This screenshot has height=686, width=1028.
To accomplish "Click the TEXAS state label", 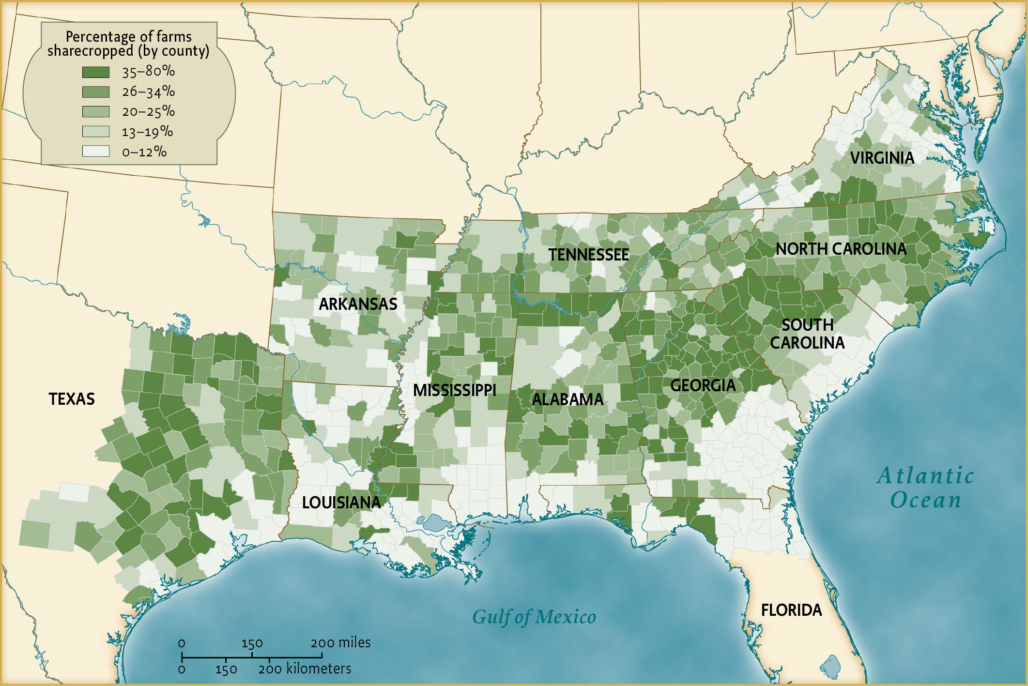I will pyautogui.click(x=72, y=399).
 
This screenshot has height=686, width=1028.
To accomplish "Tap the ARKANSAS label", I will pyautogui.click(x=358, y=304).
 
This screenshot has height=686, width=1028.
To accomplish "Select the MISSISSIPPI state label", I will pyautogui.click(x=454, y=390).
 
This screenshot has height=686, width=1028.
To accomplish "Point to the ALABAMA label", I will pyautogui.click(x=568, y=399).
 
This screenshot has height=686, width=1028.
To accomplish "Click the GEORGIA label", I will pyautogui.click(x=703, y=385).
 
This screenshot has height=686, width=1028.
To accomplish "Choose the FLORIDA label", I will pyautogui.click(x=791, y=610).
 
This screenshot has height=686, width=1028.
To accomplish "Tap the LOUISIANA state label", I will pyautogui.click(x=341, y=503).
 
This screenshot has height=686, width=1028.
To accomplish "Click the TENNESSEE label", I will pyautogui.click(x=588, y=255).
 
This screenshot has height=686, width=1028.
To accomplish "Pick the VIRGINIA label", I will pyautogui.click(x=882, y=158).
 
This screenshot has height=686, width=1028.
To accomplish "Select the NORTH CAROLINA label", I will pyautogui.click(x=841, y=249).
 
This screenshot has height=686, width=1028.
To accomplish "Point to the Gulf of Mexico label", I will pyautogui.click(x=534, y=617).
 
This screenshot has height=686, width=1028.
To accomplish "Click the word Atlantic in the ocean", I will pyautogui.click(x=925, y=475).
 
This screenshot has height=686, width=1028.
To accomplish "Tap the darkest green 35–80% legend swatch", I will pyautogui.click(x=95, y=72).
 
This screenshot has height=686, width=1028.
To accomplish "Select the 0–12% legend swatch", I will pyautogui.click(x=95, y=152).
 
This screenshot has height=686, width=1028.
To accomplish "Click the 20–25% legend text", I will pyautogui.click(x=148, y=112).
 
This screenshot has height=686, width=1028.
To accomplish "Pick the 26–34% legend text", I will pyautogui.click(x=148, y=91).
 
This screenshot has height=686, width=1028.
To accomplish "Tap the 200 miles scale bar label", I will pyautogui.click(x=340, y=643).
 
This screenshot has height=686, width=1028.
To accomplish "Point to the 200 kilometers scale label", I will pyautogui.click(x=304, y=669).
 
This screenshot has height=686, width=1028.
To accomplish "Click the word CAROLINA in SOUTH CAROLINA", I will pyautogui.click(x=807, y=343).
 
